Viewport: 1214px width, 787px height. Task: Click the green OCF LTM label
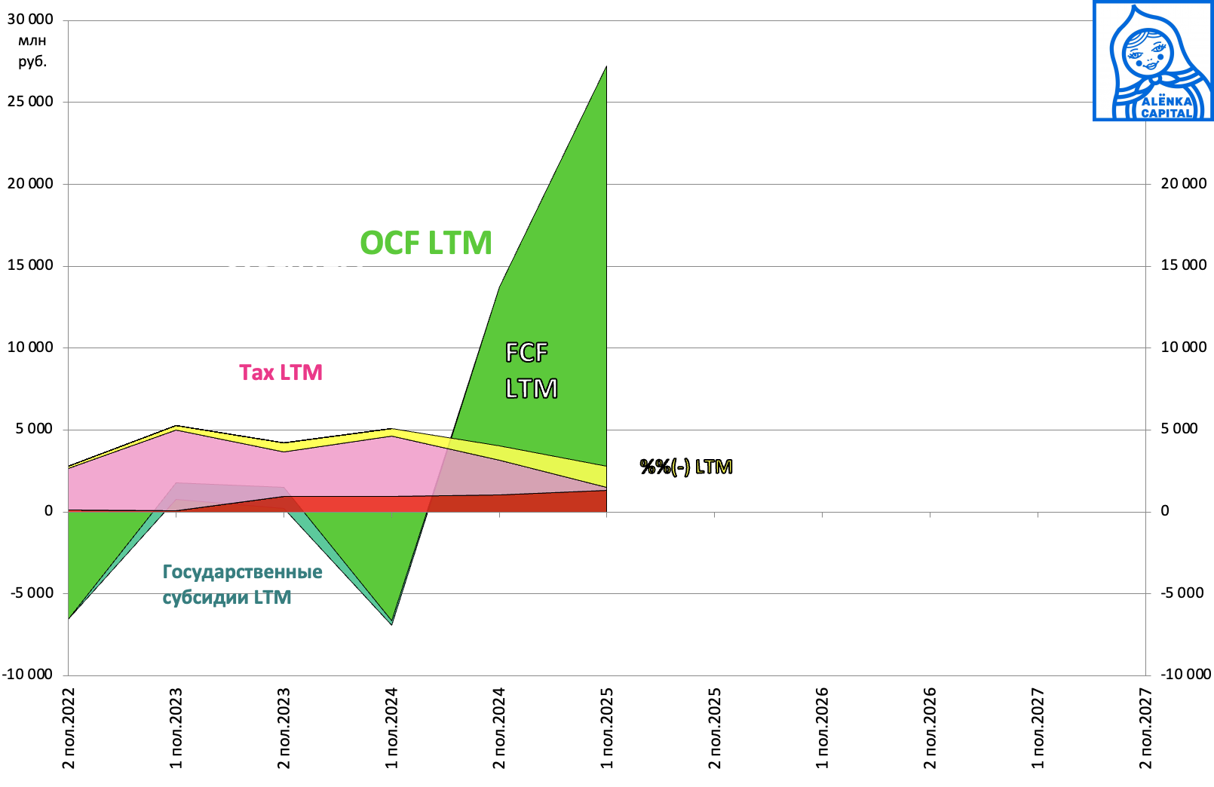pyautogui.click(x=426, y=243)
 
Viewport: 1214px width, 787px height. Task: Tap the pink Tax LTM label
pyautogui.click(x=281, y=372)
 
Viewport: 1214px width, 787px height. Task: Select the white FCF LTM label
pyautogui.click(x=530, y=370)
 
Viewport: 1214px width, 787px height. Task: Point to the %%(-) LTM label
pyautogui.click(x=685, y=467)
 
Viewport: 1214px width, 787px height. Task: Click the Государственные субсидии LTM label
pyautogui.click(x=242, y=584)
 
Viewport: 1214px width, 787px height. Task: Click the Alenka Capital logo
pyautogui.click(x=1152, y=61)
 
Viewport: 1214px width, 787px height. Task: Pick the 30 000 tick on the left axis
pyautogui.click(x=30, y=20)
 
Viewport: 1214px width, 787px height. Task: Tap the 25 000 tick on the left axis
pyautogui.click(x=30, y=102)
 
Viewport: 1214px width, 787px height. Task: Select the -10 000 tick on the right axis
pyautogui.click(x=1185, y=674)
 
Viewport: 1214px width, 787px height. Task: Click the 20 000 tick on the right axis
pyautogui.click(x=1183, y=183)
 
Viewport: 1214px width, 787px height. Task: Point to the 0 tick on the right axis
pyautogui.click(x=1164, y=511)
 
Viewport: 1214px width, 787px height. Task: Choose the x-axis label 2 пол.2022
pyautogui.click(x=69, y=728)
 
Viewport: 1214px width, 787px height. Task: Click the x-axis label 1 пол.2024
pyautogui.click(x=391, y=728)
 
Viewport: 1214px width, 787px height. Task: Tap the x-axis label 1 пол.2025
pyautogui.click(x=607, y=728)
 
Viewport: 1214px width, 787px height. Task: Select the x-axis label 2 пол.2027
pyautogui.click(x=1145, y=728)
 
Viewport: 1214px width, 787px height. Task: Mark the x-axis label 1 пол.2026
pyautogui.click(x=822, y=728)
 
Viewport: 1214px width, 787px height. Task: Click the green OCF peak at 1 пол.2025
pyautogui.click(x=605, y=68)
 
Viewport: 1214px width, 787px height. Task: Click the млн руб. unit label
pyautogui.click(x=32, y=51)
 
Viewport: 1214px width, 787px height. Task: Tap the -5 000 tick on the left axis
pyautogui.click(x=32, y=593)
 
